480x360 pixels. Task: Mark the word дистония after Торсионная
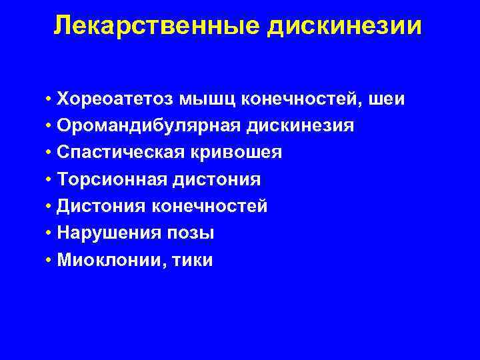[x=217, y=180]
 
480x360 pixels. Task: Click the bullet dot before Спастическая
[x=49, y=153]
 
